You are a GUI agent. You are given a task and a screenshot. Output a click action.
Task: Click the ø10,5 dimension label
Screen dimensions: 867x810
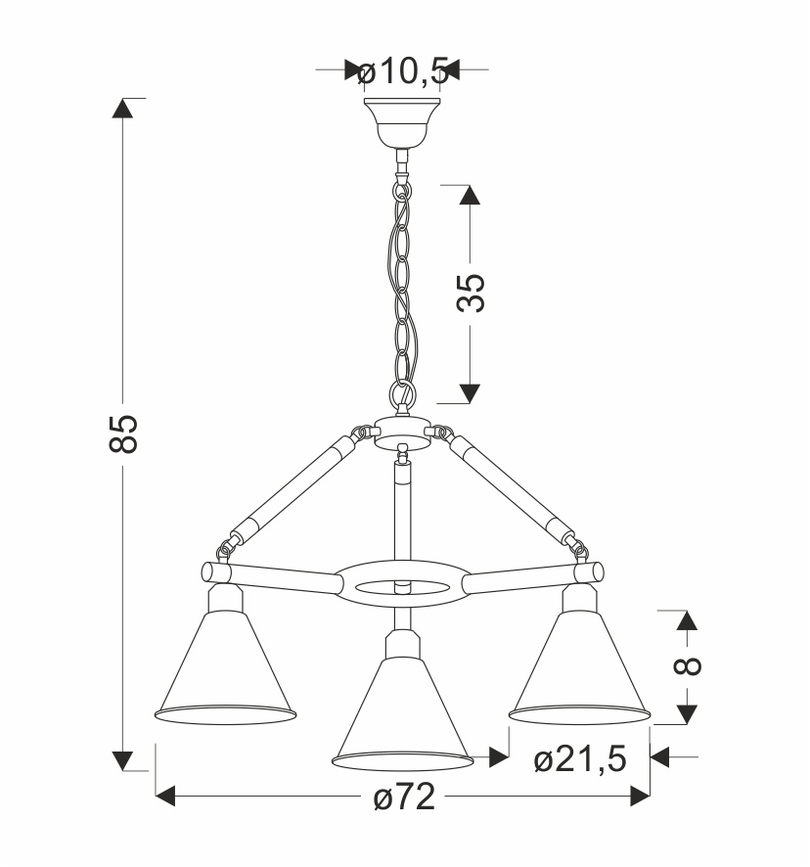[x=402, y=70]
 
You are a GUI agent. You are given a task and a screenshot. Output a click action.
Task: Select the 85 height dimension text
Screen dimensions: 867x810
[x=123, y=433]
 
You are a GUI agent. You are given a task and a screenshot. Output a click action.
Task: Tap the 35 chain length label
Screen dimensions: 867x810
[x=471, y=293]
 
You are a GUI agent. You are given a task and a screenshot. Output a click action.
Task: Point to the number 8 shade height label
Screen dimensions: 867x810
[x=688, y=665]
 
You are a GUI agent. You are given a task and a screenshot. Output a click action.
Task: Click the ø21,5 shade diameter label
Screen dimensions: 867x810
[x=580, y=758]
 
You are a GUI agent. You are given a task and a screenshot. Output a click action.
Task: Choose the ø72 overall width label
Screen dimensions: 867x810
[x=403, y=799]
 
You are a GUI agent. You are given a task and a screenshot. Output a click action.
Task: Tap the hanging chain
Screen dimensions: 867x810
[x=402, y=284]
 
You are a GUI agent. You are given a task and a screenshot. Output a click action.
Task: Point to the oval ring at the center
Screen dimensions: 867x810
[x=402, y=585]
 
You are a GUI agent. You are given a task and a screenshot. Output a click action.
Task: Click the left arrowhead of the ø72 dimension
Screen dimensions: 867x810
[x=166, y=798]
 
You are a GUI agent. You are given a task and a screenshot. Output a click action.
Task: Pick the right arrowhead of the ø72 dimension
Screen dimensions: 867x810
[x=640, y=798]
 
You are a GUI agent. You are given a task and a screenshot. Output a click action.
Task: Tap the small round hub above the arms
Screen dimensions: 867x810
[x=401, y=432]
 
